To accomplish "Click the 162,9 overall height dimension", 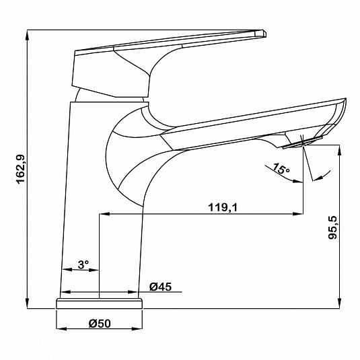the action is point(21,169).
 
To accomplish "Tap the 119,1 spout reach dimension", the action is point(223,207).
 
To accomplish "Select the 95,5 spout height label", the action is point(332,227).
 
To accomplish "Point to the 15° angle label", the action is point(281,168).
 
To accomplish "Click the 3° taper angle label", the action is point(83,264).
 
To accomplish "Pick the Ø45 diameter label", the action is point(160,287).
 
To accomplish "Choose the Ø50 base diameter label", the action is point(100,324).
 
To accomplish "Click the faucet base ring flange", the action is point(99,303).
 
